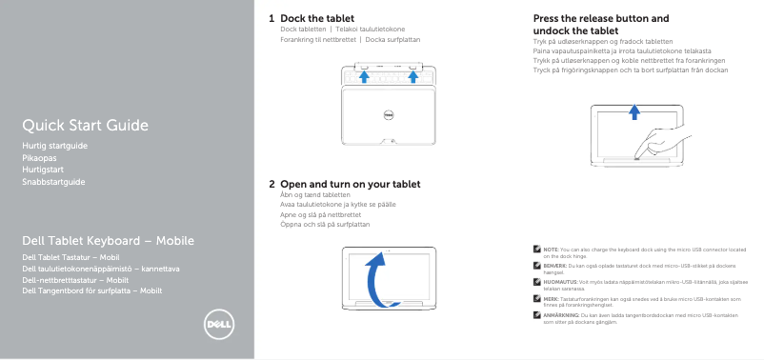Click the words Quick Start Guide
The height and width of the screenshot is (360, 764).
[x=85, y=126]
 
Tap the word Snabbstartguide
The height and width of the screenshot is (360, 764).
[x=53, y=181]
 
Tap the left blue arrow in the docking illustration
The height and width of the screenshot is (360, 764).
[x=365, y=77]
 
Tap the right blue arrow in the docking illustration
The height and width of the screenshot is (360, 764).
[x=414, y=77]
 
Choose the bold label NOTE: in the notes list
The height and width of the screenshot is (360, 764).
[x=551, y=248]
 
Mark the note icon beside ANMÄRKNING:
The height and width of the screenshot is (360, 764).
[x=537, y=314]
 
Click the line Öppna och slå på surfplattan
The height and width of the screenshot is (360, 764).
[x=325, y=225]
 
